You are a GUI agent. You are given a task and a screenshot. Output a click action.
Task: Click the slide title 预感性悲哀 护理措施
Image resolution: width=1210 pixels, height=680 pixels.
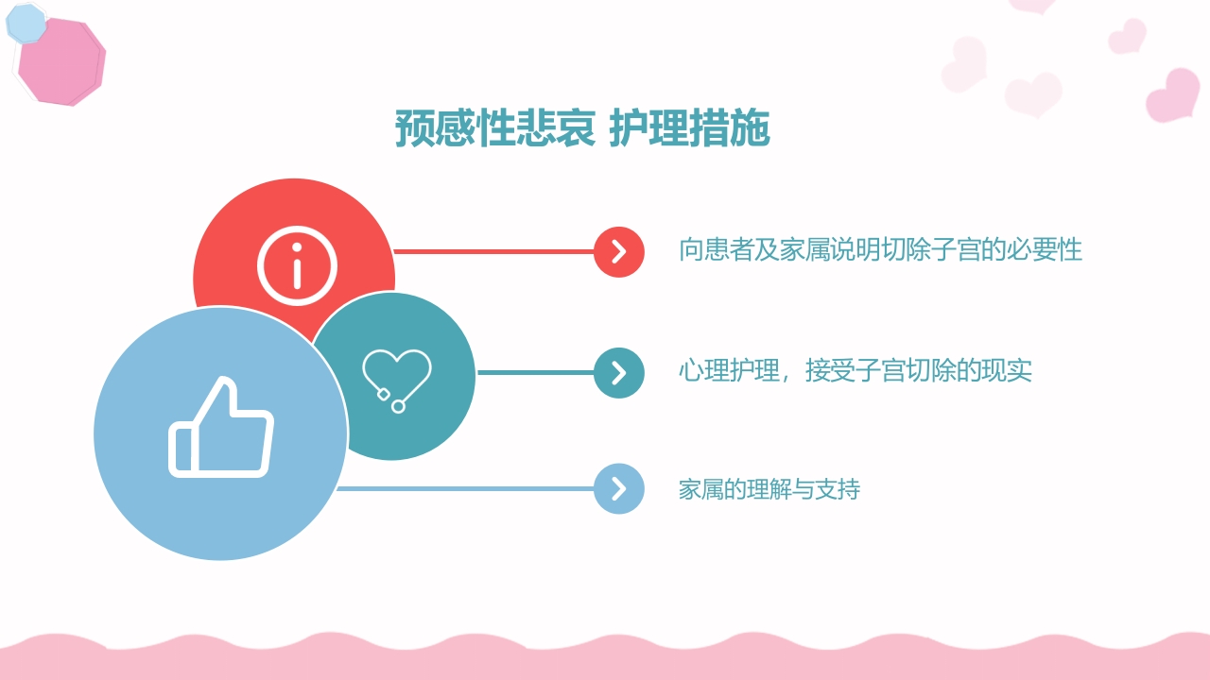(582, 129)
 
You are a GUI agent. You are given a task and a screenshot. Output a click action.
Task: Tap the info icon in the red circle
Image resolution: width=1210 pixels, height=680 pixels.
(297, 265)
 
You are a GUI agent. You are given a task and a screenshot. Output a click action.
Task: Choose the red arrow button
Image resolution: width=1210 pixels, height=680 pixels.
(619, 251)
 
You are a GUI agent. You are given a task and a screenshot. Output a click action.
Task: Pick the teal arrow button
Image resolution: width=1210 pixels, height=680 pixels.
(619, 372)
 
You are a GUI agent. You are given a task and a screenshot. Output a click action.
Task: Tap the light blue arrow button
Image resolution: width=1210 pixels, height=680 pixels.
(619, 488)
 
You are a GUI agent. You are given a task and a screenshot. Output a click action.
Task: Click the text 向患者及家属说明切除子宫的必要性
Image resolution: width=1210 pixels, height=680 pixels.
(880, 250)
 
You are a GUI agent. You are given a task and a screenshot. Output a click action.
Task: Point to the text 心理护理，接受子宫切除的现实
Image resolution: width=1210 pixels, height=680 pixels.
(855, 370)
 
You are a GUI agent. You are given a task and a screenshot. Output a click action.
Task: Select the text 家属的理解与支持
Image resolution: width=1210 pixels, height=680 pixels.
(769, 489)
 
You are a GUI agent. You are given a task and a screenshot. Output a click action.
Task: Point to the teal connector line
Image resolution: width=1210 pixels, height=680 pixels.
(535, 372)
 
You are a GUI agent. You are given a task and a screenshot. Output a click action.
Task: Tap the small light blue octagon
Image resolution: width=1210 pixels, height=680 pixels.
(26, 24)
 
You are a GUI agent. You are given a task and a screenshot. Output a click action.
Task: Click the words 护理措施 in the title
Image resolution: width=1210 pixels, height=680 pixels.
(689, 129)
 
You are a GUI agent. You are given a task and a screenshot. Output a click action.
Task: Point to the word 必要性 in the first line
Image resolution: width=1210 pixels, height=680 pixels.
(1051, 250)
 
